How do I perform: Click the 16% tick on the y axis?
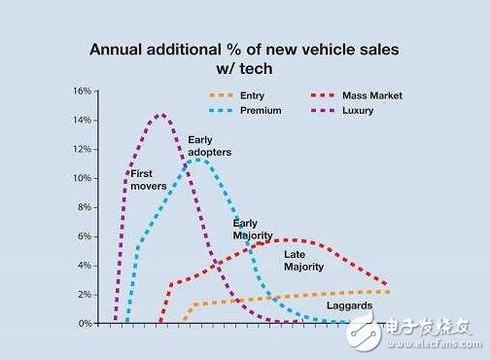pyautogui.click(x=82, y=91)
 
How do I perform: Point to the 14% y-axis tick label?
pyautogui.click(x=82, y=121)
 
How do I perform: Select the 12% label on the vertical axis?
pyautogui.click(x=82, y=150)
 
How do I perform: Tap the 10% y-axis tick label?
pyautogui.click(x=82, y=179)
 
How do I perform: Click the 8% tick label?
pyautogui.click(x=85, y=207)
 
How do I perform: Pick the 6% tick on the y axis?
pyautogui.click(x=85, y=236)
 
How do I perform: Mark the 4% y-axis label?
pyautogui.click(x=85, y=266)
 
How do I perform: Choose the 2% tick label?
pyautogui.click(x=85, y=294)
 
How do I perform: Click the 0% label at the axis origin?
pyautogui.click(x=85, y=323)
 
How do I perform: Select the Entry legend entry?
pyautogui.click(x=252, y=96)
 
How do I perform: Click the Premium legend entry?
pyautogui.click(x=260, y=111)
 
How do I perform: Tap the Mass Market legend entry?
pyautogui.click(x=372, y=96)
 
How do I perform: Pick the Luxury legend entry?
pyautogui.click(x=359, y=111)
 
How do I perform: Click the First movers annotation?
pyautogui.click(x=149, y=180)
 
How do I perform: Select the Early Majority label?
pyautogui.click(x=252, y=230)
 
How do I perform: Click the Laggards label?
pyautogui.click(x=348, y=306)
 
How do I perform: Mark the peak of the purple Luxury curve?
pyautogui.click(x=160, y=115)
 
